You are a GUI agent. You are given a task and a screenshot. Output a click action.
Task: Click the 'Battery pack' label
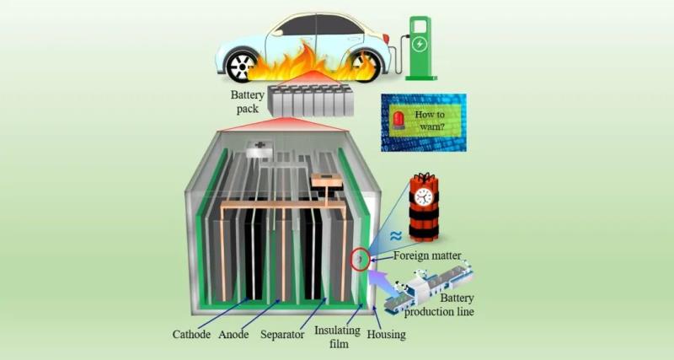248,101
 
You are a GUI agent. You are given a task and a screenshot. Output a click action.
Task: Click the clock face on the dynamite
423,196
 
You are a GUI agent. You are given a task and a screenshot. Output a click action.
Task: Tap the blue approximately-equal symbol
394,238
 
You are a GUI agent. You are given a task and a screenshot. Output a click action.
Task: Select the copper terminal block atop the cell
324,180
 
